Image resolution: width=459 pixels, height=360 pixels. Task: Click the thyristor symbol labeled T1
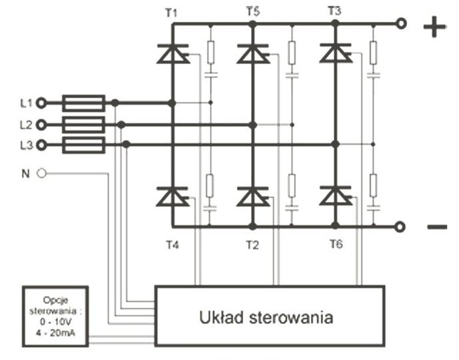(173, 54)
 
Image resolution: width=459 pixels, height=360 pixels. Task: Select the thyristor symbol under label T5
(252, 54)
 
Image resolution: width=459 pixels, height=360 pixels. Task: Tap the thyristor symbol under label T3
(335, 53)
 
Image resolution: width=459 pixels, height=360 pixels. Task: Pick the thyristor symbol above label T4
(173, 197)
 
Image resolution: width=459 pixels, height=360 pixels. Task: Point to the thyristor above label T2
(252, 197)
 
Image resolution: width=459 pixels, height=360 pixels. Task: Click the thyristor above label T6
(335, 196)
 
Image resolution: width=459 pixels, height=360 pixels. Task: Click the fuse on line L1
(83, 103)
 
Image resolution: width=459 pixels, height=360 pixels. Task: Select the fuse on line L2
(83, 125)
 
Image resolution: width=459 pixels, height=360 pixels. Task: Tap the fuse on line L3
(83, 145)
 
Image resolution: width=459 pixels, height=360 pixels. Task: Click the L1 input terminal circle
(42, 103)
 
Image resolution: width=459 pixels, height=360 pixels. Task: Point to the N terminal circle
(42, 173)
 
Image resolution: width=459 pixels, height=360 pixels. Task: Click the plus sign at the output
(434, 27)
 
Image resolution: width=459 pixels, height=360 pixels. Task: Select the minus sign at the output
(436, 228)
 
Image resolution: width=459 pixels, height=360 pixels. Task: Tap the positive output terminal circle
(400, 24)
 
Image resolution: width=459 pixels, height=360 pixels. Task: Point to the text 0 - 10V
(55, 322)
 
